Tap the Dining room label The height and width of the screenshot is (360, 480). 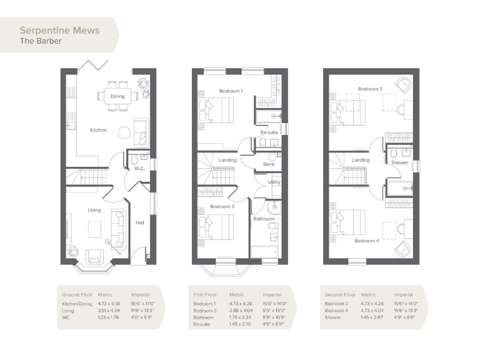(117, 96)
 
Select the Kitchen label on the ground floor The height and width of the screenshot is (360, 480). (98, 130)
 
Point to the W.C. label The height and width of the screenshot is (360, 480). (139, 169)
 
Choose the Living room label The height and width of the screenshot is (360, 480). (94, 210)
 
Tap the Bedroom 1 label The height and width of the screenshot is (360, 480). (231, 91)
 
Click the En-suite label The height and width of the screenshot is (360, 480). (269, 132)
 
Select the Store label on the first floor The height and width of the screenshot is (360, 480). (269, 164)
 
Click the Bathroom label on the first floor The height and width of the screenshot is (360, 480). (264, 219)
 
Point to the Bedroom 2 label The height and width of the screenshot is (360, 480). (222, 206)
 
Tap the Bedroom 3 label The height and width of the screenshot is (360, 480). (370, 89)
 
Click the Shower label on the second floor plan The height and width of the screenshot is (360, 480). (399, 162)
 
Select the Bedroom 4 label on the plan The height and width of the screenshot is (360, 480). (367, 241)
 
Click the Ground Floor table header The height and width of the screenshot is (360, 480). (76, 294)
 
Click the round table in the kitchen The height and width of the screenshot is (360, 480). (124, 132)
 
